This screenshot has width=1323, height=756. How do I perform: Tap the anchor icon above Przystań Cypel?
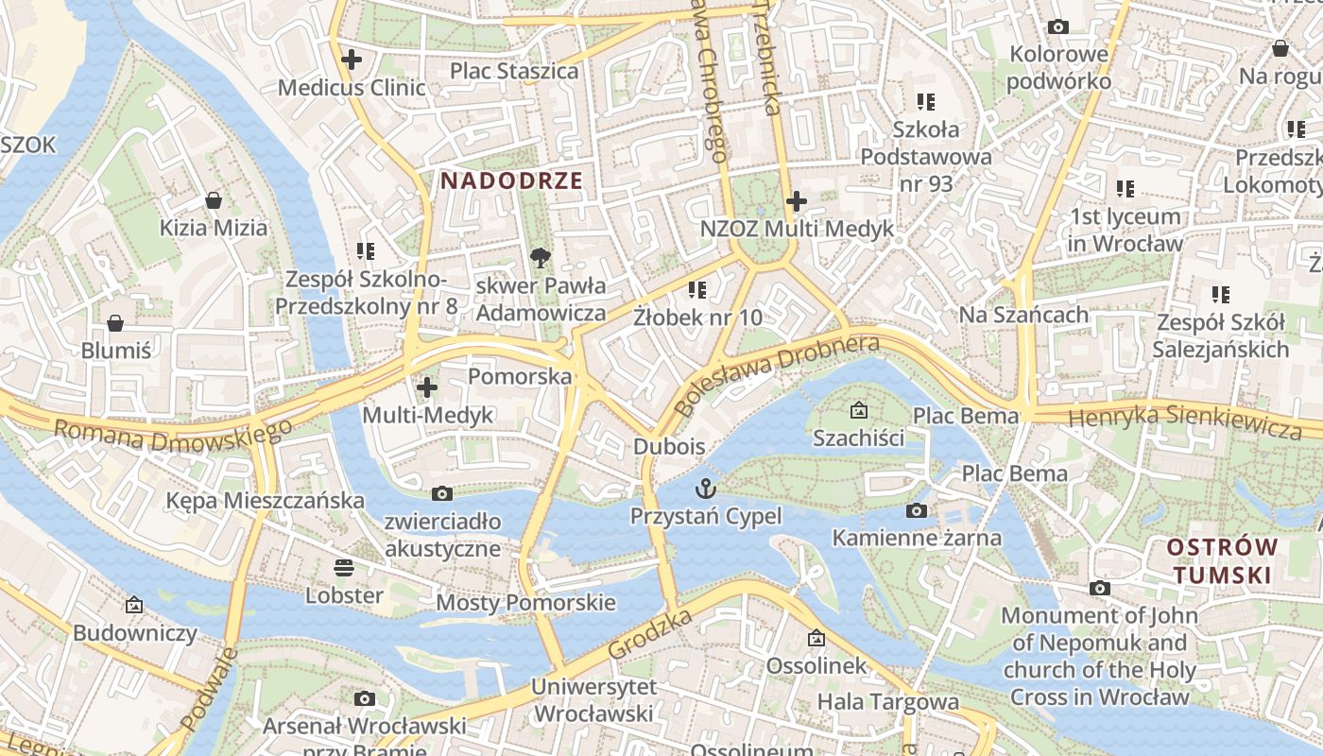[706, 489]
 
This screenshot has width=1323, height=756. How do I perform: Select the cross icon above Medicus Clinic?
[352, 60]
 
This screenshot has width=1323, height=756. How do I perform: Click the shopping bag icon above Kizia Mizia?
[214, 200]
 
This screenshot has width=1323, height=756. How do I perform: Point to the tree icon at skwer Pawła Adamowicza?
[541, 257]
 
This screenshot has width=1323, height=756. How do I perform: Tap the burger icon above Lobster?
[344, 567]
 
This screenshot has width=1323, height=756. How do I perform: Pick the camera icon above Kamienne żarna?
[916, 510]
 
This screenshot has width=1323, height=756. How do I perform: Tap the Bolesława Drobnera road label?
[778, 375]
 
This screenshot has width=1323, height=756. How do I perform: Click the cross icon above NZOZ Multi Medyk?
[797, 200]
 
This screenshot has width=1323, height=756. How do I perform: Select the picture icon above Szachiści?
[858, 410]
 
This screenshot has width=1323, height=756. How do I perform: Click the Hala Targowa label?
[887, 701]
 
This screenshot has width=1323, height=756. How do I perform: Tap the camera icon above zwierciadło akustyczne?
[441, 493]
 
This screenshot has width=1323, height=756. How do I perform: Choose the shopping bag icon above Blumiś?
[115, 323]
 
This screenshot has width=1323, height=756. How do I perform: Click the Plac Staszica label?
[514, 71]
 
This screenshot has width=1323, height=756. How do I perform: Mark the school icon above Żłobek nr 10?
[697, 289]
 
